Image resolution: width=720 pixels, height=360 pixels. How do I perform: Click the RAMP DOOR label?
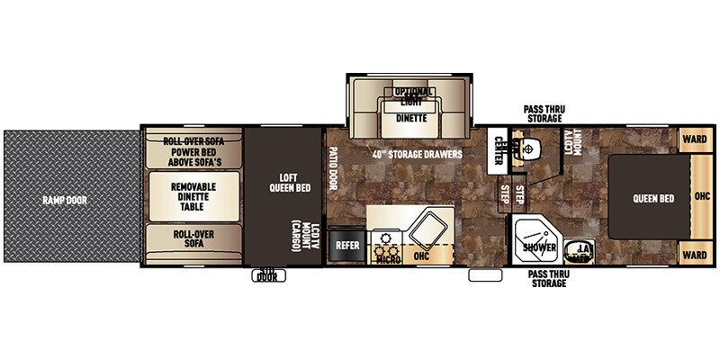pyautogui.click(x=64, y=199)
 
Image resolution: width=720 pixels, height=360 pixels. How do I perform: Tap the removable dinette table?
pyautogui.click(x=193, y=196)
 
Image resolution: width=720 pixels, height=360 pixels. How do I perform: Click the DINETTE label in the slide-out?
pyautogui.click(x=411, y=116)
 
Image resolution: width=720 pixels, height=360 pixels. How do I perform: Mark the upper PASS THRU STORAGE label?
pyautogui.click(x=545, y=112)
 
